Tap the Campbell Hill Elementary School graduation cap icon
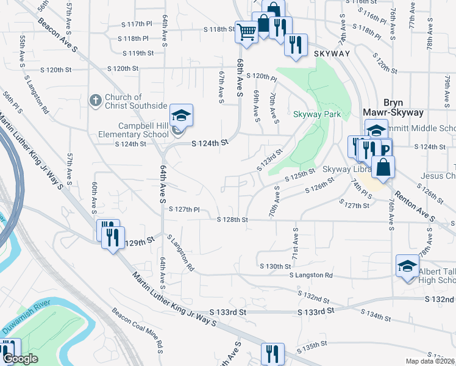coord(180,114)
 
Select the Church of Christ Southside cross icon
coord(95,100)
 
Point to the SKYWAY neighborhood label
coord(332,54)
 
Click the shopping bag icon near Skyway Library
coord(383,168)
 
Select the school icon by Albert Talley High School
coord(407,266)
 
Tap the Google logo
coord(20,359)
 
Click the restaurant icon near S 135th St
coord(273,354)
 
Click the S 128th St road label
coord(233,219)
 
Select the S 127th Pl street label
coord(184,209)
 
